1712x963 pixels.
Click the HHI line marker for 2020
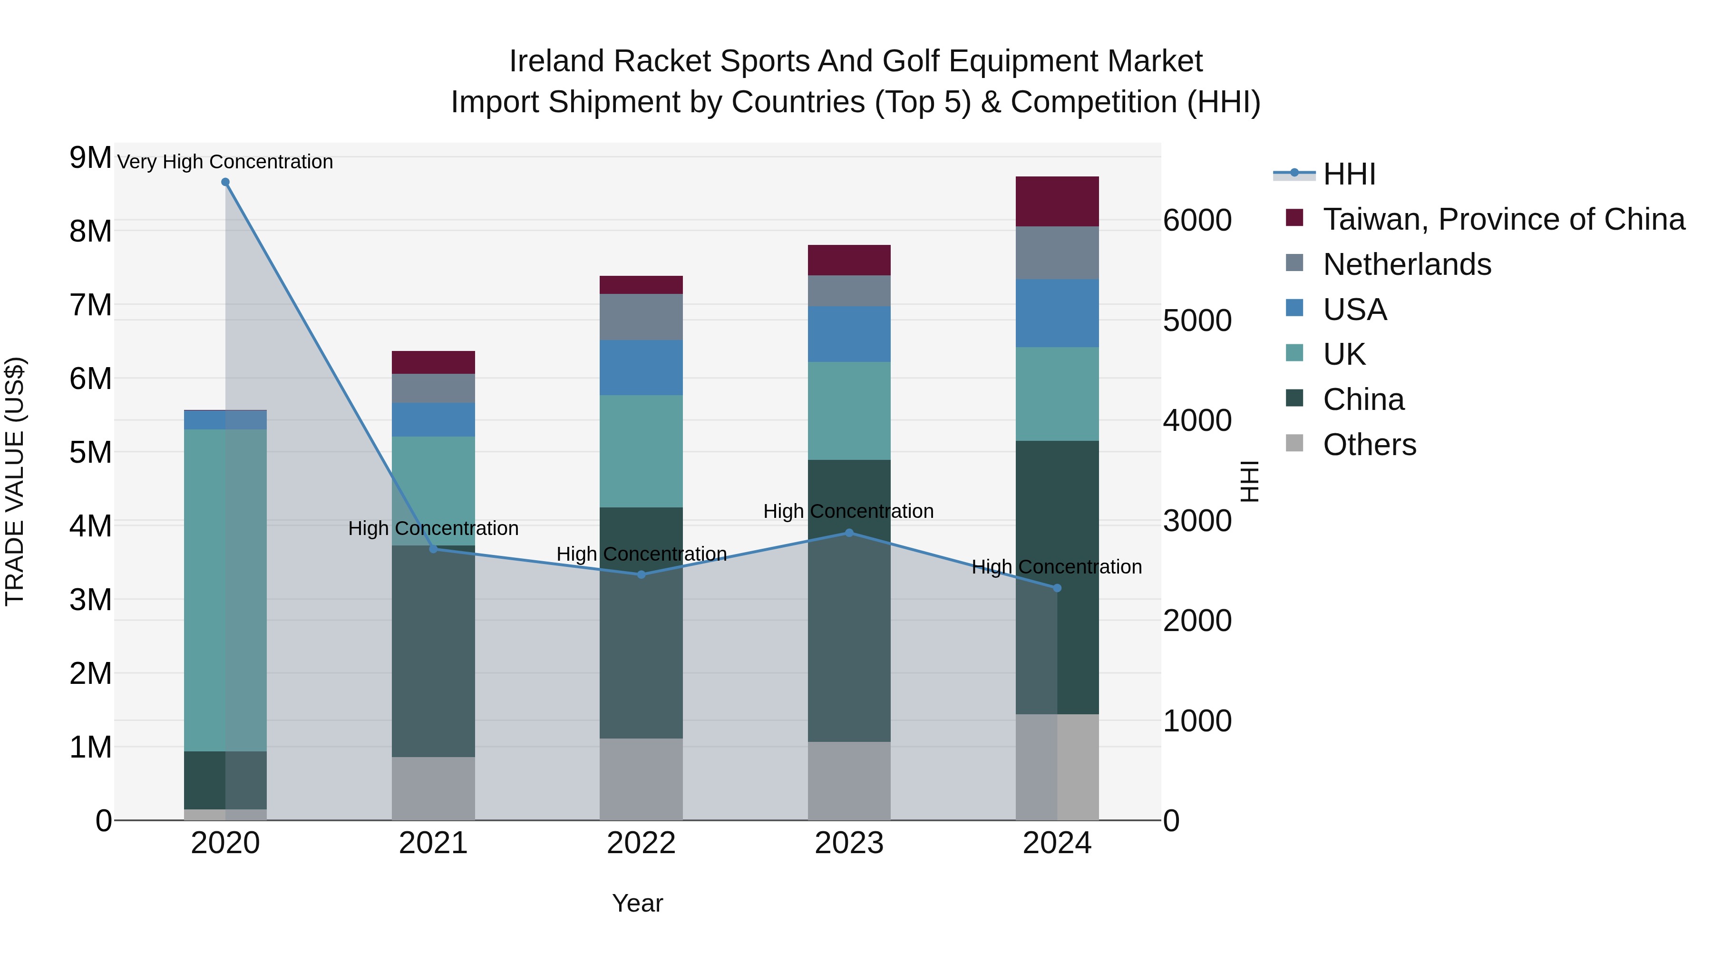point(225,182)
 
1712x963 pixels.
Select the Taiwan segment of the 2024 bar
point(1057,201)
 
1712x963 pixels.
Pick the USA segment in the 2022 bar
point(642,368)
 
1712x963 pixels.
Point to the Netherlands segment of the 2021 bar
point(433,388)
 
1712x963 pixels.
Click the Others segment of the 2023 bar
point(849,781)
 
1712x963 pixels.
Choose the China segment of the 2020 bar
point(225,780)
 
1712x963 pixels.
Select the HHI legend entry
point(1349,174)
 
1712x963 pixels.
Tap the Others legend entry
point(1369,445)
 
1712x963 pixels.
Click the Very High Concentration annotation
point(225,162)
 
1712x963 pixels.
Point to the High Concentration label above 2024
point(1057,567)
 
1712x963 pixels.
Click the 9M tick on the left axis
point(90,158)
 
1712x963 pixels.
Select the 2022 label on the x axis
point(642,843)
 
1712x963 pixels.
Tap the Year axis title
point(637,903)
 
